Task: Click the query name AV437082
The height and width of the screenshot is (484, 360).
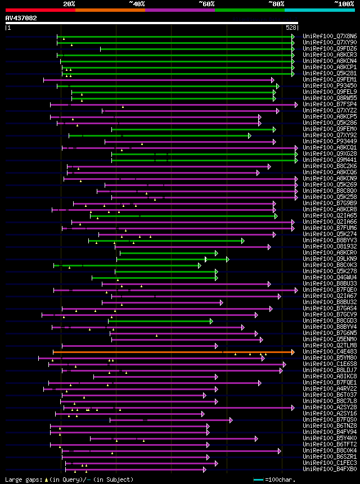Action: pyautogui.click(x=21, y=18)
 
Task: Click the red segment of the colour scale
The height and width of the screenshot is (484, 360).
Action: pyautogui.click(x=40, y=10)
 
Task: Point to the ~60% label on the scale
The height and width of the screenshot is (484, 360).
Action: pyautogui.click(x=206, y=4)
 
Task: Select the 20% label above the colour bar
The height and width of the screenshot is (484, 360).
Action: pyautogui.click(x=69, y=4)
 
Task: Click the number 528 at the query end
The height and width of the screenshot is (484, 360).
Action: pyautogui.click(x=291, y=28)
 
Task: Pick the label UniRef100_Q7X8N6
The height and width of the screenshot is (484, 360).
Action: pyautogui.click(x=330, y=37)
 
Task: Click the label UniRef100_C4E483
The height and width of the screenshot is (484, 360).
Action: pyautogui.click(x=330, y=352)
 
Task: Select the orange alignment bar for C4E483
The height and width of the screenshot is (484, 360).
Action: pyautogui.click(x=169, y=352)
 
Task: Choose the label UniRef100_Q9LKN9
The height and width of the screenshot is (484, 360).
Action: pyautogui.click(x=330, y=259)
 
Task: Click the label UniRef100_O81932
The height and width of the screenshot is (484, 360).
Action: pyautogui.click(x=330, y=247)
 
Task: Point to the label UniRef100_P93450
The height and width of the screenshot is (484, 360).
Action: pyautogui.click(x=330, y=86)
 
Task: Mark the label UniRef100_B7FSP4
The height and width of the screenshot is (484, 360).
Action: pyautogui.click(x=330, y=105)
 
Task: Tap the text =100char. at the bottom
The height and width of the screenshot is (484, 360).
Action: pyautogui.click(x=280, y=480)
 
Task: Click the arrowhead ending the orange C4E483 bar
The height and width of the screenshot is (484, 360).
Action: pyautogui.click(x=292, y=352)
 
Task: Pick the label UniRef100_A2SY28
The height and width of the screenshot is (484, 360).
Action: pyautogui.click(x=330, y=408)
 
